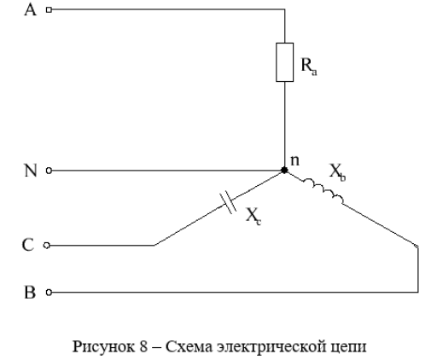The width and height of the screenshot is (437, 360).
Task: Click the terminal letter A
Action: pyautogui.click(x=31, y=9)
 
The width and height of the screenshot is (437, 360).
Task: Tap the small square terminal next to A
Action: pyautogui.click(x=49, y=9)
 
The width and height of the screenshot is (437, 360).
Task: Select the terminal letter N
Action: pyautogui.click(x=31, y=171)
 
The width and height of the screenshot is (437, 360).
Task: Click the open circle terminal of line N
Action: pyautogui.click(x=49, y=171)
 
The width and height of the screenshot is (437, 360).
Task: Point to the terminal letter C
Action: pyautogui.click(x=28, y=245)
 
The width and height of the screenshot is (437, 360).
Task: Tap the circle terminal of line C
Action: pyautogui.click(x=47, y=245)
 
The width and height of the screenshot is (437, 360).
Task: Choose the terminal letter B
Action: pyautogui.click(x=30, y=292)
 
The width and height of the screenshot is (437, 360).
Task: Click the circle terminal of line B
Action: pyautogui.click(x=49, y=292)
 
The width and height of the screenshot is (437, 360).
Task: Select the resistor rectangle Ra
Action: pyautogui.click(x=284, y=62)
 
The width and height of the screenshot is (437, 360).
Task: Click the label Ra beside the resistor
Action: pyautogui.click(x=309, y=67)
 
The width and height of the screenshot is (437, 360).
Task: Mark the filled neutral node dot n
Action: pyautogui.click(x=284, y=171)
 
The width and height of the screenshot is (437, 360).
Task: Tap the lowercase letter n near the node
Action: pyautogui.click(x=294, y=160)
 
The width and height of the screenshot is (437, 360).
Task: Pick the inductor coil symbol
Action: pyautogui.click(x=323, y=189)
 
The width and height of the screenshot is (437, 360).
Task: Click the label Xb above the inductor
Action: pyautogui.click(x=337, y=172)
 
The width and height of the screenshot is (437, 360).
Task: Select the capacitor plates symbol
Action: pyautogui.click(x=228, y=202)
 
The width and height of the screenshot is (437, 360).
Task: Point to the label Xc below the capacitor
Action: pyautogui.click(x=253, y=216)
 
